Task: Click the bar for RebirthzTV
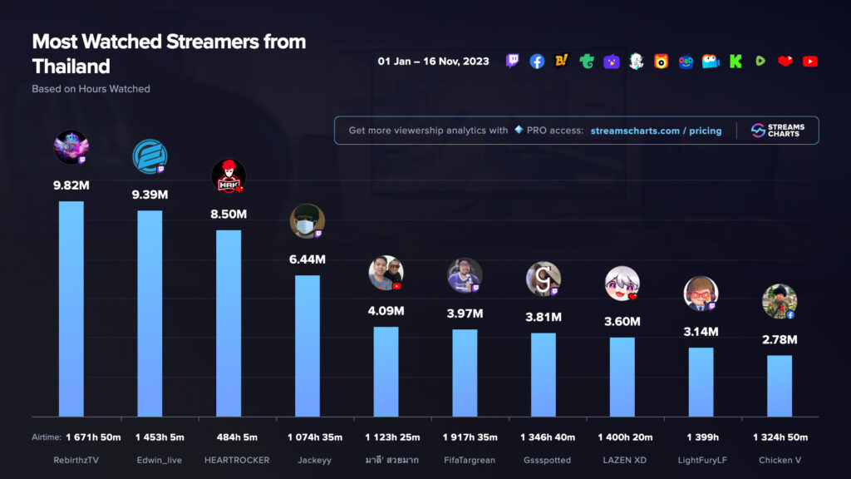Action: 71,308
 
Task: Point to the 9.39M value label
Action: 150,195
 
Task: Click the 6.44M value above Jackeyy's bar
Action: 307,259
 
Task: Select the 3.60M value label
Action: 622,322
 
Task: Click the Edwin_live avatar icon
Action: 150,156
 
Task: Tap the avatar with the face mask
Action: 307,220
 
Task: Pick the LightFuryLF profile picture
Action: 701,293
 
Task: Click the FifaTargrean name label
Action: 465,460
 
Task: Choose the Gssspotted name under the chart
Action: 544,460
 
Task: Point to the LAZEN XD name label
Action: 622,460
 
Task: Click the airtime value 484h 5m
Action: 229,437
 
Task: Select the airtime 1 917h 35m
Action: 465,437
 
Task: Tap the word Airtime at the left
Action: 46,437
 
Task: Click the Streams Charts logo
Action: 777,131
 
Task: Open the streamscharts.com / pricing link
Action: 656,131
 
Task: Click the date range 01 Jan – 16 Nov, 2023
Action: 433,62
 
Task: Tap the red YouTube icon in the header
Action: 810,62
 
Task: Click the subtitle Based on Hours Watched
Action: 91,89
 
